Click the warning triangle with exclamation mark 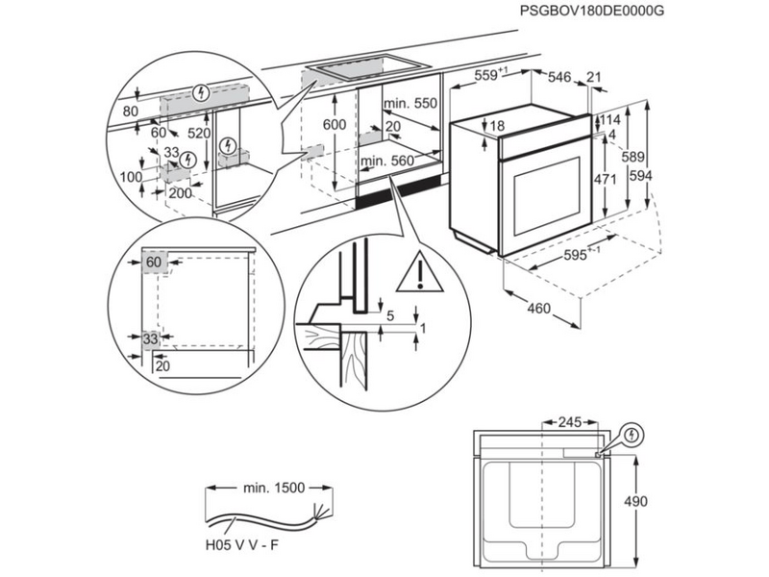420,273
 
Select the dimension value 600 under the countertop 334,126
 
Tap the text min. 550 409,103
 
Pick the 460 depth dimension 540,309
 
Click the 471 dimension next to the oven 601,179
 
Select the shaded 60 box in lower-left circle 153,262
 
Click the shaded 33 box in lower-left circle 150,339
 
